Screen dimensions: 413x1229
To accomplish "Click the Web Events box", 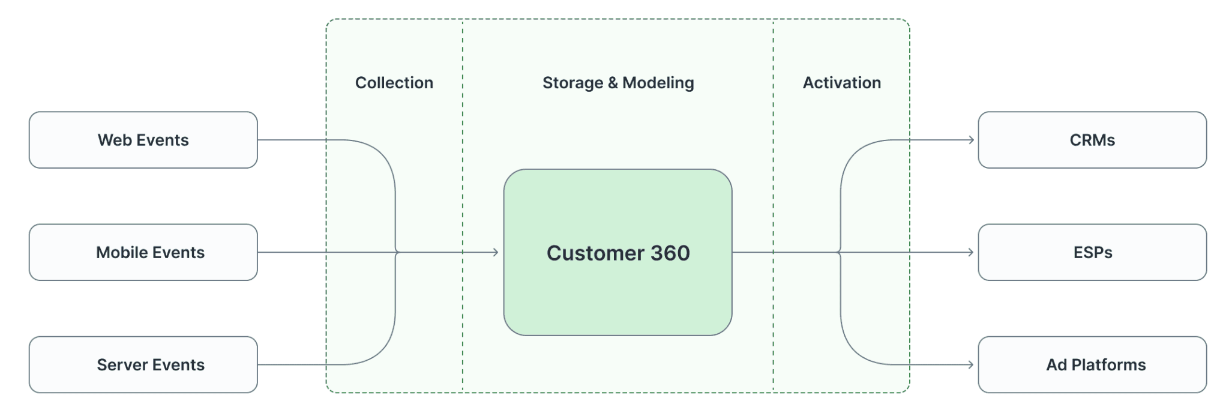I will tap(143, 140).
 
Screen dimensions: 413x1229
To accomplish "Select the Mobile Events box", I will tap(143, 252).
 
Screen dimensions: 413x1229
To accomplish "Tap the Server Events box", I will tap(143, 364).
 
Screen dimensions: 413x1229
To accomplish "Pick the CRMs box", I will tap(1092, 140).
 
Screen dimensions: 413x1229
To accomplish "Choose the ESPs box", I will tap(1092, 252).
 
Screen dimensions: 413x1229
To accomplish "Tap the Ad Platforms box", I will tap(1092, 364).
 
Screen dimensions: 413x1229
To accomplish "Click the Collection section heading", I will tap(394, 83).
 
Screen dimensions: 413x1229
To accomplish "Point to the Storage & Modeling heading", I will tap(618, 83).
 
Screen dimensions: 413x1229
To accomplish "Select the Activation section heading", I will tap(841, 83).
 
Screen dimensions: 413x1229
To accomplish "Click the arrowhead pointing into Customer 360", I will tap(496, 252).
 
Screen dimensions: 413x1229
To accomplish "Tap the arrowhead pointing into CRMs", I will tap(971, 140).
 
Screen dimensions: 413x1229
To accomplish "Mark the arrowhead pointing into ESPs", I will tap(971, 252).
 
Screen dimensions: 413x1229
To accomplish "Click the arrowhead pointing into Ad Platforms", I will tap(971, 364).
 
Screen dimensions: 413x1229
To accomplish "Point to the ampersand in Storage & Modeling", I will tap(613, 83).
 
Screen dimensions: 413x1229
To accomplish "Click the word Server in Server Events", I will tap(122, 364).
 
